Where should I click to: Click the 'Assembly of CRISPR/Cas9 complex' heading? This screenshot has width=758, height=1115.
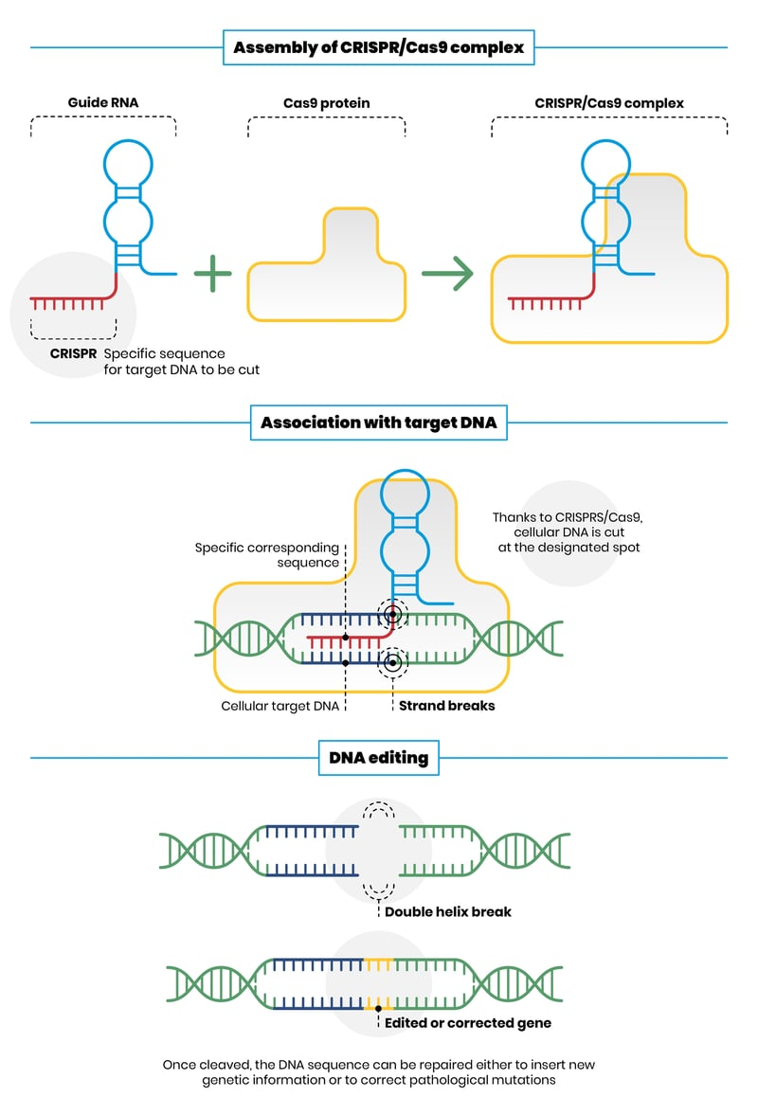[x=379, y=47]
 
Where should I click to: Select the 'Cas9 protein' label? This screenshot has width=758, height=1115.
[x=326, y=103]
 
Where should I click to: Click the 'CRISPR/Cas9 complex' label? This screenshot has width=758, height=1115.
[x=609, y=103]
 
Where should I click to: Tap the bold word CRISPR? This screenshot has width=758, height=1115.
[x=74, y=353]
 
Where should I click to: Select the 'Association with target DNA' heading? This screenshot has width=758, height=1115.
[x=379, y=423]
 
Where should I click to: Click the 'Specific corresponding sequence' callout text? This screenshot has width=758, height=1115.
[x=267, y=555]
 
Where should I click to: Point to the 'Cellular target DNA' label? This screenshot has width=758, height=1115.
[x=280, y=706]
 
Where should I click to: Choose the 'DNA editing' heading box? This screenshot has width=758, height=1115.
[x=379, y=758]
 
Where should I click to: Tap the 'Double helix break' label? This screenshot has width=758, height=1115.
[x=448, y=911]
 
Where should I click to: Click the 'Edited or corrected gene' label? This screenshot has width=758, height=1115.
[x=468, y=1023]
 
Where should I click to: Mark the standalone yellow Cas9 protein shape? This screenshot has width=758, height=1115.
[x=326, y=275]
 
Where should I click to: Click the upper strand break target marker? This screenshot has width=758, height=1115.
[x=391, y=614]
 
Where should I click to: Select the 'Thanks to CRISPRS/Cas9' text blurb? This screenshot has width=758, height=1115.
[x=567, y=532]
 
